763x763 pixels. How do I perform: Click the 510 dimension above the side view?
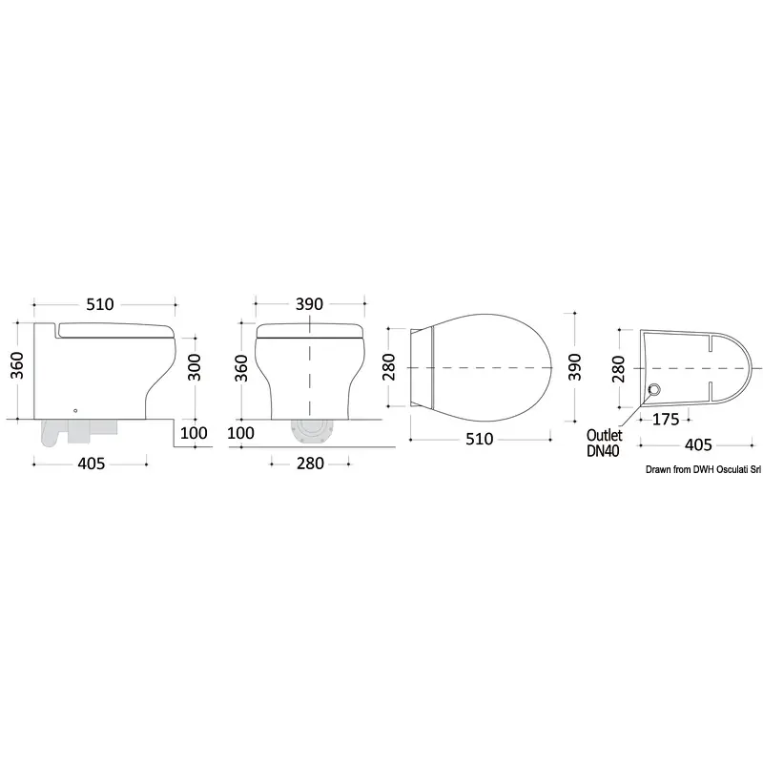[100, 304]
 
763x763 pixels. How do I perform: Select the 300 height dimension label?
[195, 367]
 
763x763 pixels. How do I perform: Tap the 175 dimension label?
[665, 420]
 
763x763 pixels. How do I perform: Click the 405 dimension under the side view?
[92, 464]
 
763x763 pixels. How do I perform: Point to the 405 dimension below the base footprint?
[698, 444]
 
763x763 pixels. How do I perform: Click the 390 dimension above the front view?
[309, 304]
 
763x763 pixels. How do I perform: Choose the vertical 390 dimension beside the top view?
[575, 367]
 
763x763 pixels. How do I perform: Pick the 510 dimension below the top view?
[480, 439]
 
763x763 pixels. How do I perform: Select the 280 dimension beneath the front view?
[311, 464]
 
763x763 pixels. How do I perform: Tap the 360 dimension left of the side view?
[16, 365]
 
